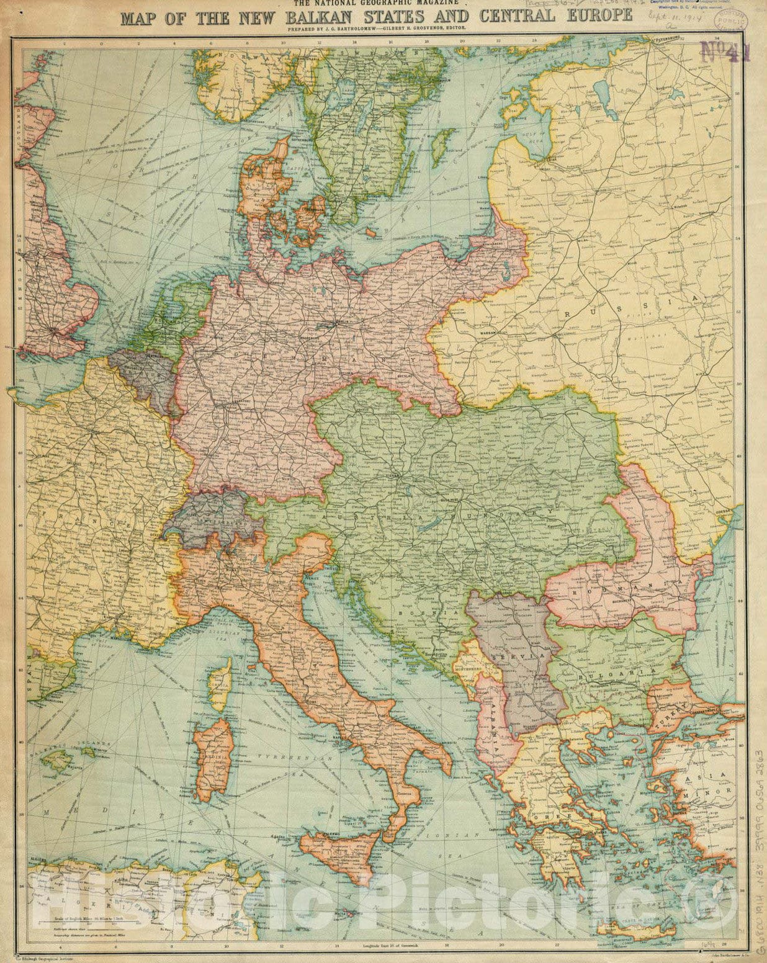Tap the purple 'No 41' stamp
click(x=725, y=51)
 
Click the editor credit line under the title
click(x=384, y=29)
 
